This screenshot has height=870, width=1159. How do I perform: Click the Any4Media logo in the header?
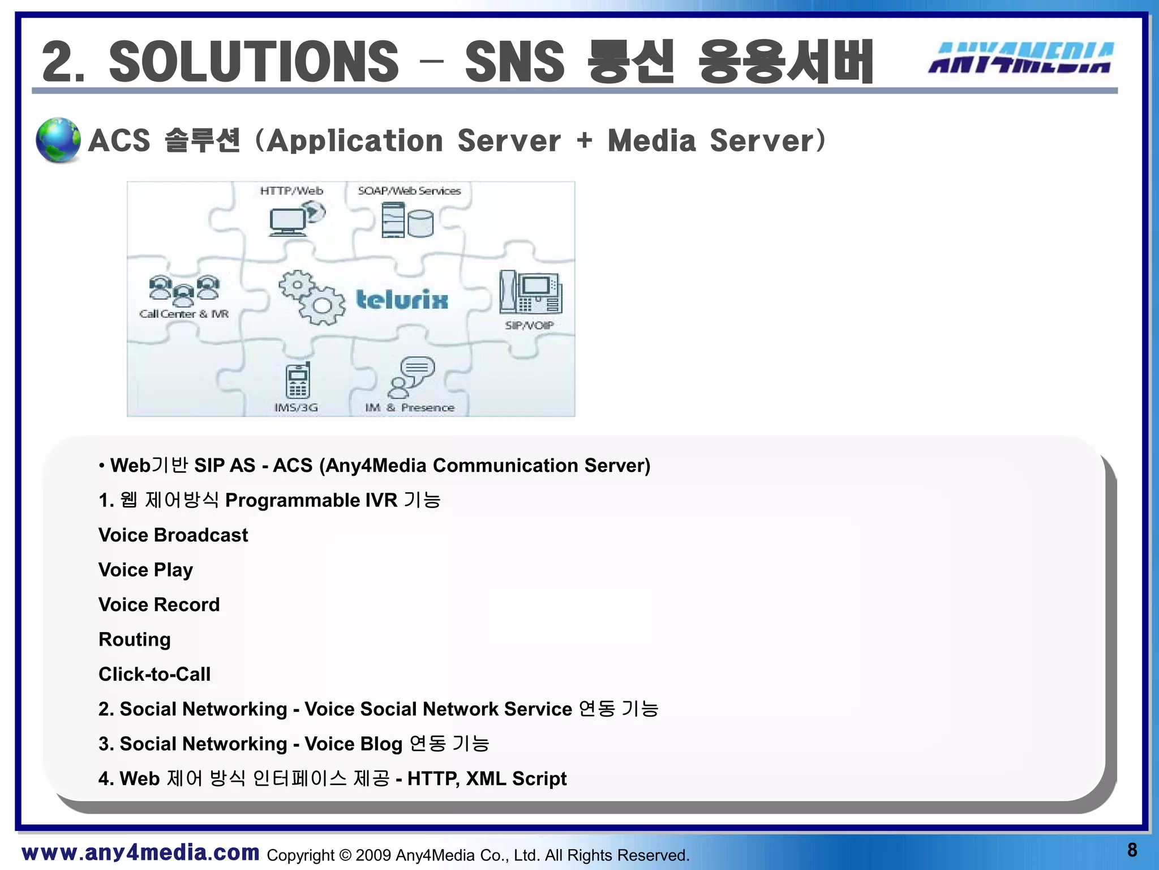tap(1020, 58)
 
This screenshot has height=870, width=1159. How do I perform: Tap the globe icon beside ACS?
tap(58, 140)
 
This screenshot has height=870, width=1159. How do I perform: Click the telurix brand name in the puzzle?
tap(402, 299)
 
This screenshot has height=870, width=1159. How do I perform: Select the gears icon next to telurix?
tap(312, 297)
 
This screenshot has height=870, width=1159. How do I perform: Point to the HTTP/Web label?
tap(291, 191)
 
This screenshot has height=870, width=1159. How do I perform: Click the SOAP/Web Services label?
tap(409, 191)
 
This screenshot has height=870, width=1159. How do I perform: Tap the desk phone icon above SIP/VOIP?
tap(530, 292)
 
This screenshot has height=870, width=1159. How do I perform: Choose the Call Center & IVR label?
tap(184, 314)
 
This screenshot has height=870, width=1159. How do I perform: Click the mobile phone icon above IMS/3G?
tap(298, 381)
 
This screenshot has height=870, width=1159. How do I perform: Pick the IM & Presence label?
tap(410, 407)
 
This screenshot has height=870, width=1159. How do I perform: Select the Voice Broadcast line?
tap(173, 535)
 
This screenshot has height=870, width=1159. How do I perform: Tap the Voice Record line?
tap(159, 605)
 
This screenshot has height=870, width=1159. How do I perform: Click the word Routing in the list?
tap(135, 639)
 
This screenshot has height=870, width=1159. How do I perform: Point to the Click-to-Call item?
tap(154, 674)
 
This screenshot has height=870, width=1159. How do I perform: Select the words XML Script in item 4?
tap(516, 779)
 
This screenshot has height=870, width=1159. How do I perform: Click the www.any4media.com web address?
tap(140, 852)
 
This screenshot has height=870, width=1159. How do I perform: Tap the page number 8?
tap(1131, 850)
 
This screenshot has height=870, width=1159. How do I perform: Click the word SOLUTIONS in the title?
tap(254, 61)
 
